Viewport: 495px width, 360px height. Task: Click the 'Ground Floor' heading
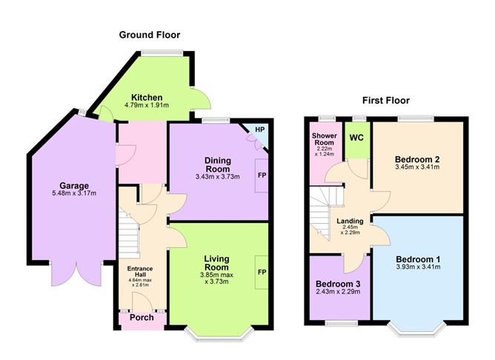[150, 35]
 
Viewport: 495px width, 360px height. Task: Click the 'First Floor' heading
[385, 100]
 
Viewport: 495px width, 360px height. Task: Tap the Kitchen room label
[147, 98]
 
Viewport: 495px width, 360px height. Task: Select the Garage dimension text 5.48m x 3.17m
[74, 193]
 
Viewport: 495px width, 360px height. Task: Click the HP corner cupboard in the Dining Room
[259, 130]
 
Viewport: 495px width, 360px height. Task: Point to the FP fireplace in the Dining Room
[262, 176]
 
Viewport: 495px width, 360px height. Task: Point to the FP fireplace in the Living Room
[262, 272]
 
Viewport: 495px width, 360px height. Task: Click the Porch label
[142, 317]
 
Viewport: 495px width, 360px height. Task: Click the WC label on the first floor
[356, 138]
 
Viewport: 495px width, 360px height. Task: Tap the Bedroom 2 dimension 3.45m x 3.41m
[418, 167]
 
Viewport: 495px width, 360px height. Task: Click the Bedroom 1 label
[418, 259]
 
